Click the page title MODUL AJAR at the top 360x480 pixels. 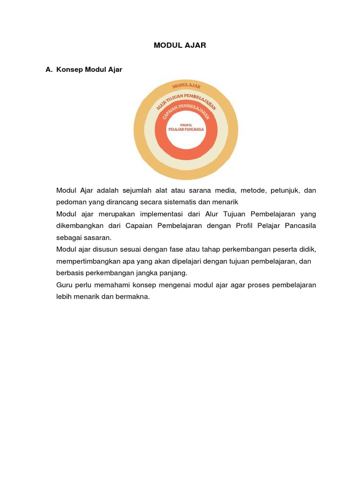click(180, 45)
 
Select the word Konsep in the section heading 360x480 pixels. click(69, 70)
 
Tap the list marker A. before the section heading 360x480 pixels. click(49, 70)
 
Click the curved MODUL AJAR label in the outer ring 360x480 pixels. click(186, 85)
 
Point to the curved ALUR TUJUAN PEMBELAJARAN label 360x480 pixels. click(186, 99)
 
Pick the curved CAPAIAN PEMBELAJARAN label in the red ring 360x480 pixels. click(186, 111)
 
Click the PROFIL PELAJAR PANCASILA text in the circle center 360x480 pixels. click(186, 127)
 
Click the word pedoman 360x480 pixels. click(71, 202)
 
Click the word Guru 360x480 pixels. click(64, 285)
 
